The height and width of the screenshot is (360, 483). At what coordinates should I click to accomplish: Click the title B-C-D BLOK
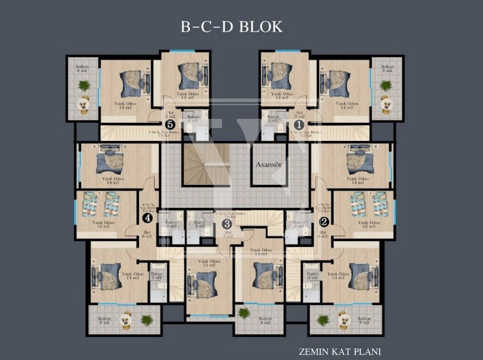tap(232, 26)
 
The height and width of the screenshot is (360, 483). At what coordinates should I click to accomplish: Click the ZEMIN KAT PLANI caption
tap(340, 351)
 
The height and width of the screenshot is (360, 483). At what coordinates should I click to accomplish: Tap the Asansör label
tap(269, 165)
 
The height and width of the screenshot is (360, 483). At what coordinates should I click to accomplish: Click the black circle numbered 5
tap(170, 125)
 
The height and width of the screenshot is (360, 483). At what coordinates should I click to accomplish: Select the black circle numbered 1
tap(298, 125)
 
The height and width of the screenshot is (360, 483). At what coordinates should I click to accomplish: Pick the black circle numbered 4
tap(148, 218)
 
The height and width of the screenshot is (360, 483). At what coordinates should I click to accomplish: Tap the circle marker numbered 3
tap(227, 224)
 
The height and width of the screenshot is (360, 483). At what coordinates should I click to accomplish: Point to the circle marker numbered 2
tap(325, 221)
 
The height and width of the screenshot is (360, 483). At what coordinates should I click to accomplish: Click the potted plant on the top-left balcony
tap(84, 86)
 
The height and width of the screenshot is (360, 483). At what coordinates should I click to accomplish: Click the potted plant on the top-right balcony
tap(386, 86)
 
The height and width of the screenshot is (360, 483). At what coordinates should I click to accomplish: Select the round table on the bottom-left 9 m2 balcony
tap(126, 321)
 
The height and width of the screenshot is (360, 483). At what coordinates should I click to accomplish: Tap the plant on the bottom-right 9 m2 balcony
tap(323, 320)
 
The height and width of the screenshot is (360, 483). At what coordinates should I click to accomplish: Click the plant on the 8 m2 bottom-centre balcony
tap(244, 312)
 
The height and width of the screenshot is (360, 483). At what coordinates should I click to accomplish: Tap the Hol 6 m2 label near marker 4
tap(147, 235)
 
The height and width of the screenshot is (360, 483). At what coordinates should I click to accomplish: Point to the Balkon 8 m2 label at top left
tap(82, 69)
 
